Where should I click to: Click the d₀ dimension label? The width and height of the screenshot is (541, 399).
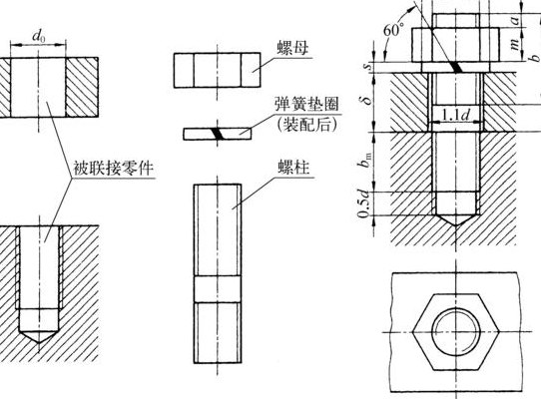coord(39,36)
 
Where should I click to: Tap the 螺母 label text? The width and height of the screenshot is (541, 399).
coord(291,48)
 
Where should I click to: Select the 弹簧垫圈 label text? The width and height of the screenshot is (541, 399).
coord(306,104)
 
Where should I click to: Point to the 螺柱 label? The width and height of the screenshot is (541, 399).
coord(293,168)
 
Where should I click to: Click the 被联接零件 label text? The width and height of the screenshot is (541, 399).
coord(113,169)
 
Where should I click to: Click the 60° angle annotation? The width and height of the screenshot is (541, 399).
coord(393,30)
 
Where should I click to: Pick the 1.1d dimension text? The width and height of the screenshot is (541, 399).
coord(455,115)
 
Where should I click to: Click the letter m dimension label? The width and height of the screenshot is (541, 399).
coord(514,44)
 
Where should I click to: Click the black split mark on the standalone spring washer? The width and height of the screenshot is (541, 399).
coord(219,134)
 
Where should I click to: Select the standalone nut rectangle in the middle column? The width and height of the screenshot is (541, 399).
coord(217,70)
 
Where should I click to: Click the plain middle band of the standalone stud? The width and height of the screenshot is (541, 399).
coord(217,289)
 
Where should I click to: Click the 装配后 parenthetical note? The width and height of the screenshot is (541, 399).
coord(306,124)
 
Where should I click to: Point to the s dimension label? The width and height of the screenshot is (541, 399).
coord(369,66)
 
